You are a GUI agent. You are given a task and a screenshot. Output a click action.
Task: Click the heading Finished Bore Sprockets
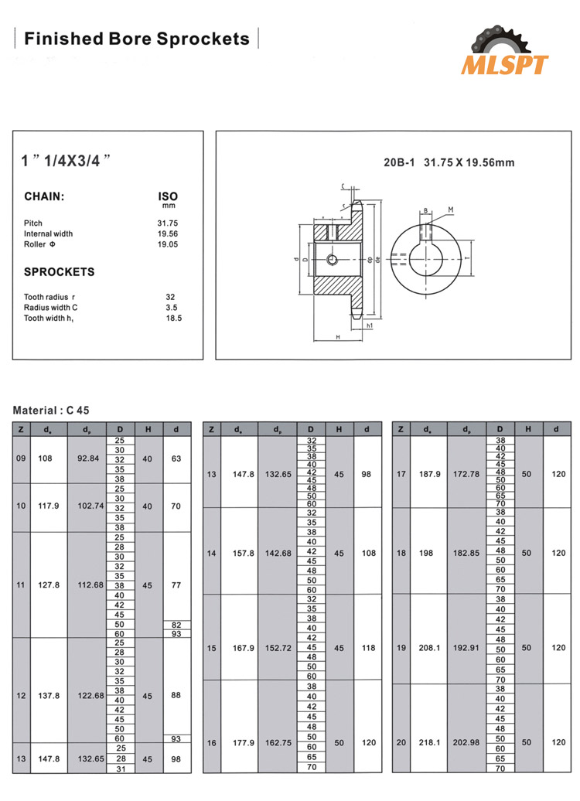pyautogui.click(x=137, y=39)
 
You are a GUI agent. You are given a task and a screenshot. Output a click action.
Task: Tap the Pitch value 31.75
pyautogui.click(x=168, y=223)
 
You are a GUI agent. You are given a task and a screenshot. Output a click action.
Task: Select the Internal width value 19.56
pyautogui.click(x=168, y=233)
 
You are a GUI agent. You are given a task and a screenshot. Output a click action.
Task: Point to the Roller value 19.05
pyautogui.click(x=168, y=244)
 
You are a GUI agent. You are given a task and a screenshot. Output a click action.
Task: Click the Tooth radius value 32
pyautogui.click(x=170, y=297)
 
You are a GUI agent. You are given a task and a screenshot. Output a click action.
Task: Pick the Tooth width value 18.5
pyautogui.click(x=173, y=318)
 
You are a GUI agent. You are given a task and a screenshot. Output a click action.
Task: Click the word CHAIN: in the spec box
pyautogui.click(x=44, y=197)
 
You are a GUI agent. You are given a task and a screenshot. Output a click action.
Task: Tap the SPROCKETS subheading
pyautogui.click(x=60, y=272)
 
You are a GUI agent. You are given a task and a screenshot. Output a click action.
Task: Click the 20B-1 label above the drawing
pyautogui.click(x=400, y=162)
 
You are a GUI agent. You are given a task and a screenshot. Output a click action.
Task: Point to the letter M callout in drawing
pyautogui.click(x=450, y=210)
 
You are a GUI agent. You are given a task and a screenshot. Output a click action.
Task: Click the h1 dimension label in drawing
pyautogui.click(x=370, y=326)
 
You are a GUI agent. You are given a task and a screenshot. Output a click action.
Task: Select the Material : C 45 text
pyautogui.click(x=56, y=411)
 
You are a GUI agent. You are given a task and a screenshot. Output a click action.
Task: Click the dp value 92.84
pyautogui.click(x=89, y=458)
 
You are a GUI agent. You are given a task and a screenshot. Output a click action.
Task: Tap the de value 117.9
pyautogui.click(x=49, y=506)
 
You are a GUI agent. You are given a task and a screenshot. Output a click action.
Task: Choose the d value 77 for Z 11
pyautogui.click(x=176, y=585)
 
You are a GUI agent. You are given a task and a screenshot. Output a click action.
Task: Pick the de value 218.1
pyautogui.click(x=428, y=743)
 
